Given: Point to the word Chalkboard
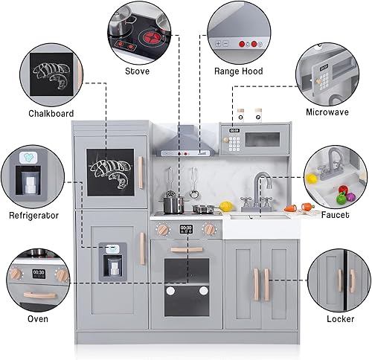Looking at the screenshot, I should (51, 114).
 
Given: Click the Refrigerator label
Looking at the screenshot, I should (33, 215).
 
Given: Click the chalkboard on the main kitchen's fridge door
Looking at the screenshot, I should (110, 172).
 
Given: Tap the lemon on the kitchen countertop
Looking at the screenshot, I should (226, 206).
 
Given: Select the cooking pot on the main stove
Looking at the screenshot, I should (173, 203).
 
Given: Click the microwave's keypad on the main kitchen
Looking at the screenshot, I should (234, 141).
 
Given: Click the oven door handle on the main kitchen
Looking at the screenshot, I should (186, 250).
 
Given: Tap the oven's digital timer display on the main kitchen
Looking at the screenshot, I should (186, 229).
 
